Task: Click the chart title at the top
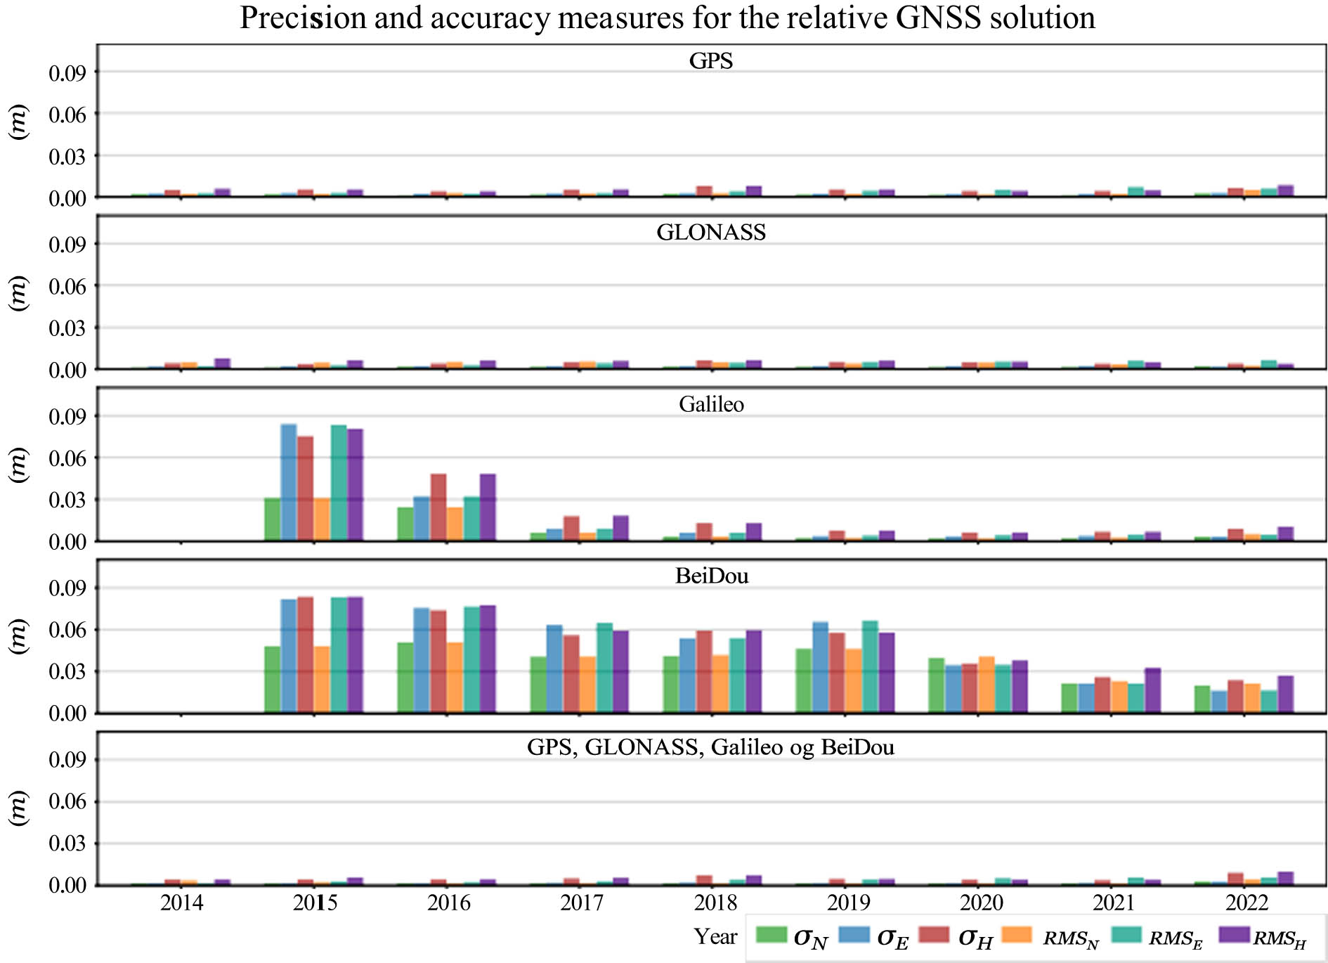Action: (x=668, y=18)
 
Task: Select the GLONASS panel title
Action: (x=711, y=233)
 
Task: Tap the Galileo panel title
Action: (x=711, y=404)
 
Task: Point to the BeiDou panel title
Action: (x=712, y=576)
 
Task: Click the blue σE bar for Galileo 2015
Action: (x=289, y=483)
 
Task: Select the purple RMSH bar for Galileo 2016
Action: (x=488, y=508)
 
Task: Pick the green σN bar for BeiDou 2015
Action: (x=272, y=680)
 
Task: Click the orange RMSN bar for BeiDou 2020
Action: (x=987, y=685)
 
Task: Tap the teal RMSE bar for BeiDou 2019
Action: (x=871, y=667)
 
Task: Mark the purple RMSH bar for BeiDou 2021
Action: (x=1152, y=691)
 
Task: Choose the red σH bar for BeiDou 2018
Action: (x=704, y=672)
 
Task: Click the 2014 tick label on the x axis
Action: (x=181, y=903)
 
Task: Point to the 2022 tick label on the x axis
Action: (x=1246, y=903)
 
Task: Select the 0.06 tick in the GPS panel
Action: (x=67, y=115)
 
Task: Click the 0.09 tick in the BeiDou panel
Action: (x=67, y=588)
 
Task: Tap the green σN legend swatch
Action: (x=771, y=935)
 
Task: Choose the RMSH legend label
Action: (x=1280, y=939)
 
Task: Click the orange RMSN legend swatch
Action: (x=1017, y=935)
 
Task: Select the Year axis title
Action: (x=715, y=937)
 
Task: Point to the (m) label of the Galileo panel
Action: (x=19, y=465)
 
